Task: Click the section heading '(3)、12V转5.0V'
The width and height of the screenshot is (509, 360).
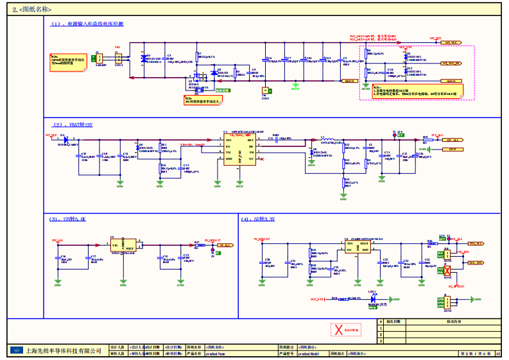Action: point(67,219)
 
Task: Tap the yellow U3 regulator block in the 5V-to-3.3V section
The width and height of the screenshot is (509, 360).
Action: point(358,246)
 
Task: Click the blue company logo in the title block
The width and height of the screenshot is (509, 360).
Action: point(15,351)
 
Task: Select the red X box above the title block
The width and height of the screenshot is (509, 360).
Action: point(338,330)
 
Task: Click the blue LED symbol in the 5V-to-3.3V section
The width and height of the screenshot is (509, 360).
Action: point(372,298)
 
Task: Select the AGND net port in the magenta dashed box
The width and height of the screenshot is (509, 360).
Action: point(451,81)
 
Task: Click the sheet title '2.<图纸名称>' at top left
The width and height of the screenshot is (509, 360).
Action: point(32,10)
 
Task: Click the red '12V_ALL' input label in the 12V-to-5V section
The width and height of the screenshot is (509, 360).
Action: point(57,240)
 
